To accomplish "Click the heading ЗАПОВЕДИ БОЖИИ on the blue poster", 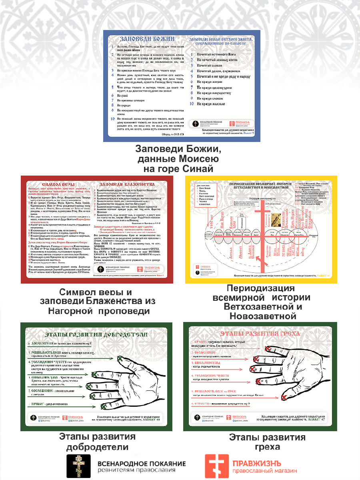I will [x=148, y=39].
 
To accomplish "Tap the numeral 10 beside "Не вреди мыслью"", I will [x=192, y=104].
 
